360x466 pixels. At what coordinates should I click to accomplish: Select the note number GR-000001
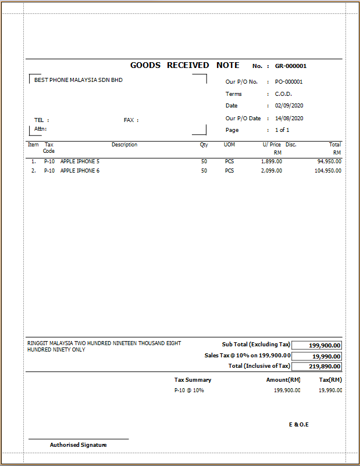point(291,66)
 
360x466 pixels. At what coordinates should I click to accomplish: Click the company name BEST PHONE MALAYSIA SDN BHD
point(79,80)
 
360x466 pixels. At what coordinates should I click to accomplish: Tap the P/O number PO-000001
point(288,82)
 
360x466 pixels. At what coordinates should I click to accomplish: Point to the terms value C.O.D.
point(283,94)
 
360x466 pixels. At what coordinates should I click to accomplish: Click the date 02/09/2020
point(289,106)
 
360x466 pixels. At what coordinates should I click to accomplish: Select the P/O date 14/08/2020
point(289,118)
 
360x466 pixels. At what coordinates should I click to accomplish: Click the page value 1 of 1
point(282,130)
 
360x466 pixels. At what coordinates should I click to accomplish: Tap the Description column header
point(124,145)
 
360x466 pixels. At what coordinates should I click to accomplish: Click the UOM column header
point(230,145)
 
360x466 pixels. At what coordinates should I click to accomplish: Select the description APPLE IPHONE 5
point(80,161)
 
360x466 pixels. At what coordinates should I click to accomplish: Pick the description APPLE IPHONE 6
point(80,171)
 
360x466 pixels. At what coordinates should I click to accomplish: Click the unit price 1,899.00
point(272,161)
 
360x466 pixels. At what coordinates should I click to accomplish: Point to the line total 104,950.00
point(328,171)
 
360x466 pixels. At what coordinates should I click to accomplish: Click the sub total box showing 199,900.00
point(316,345)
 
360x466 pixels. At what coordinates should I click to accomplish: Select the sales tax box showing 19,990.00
point(316,356)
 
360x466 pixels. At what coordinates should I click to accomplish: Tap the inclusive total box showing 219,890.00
point(316,367)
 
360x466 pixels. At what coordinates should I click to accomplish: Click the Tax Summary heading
point(193,380)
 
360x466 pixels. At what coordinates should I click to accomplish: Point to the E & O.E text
point(299,425)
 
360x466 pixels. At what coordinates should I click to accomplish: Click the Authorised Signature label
point(79,445)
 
